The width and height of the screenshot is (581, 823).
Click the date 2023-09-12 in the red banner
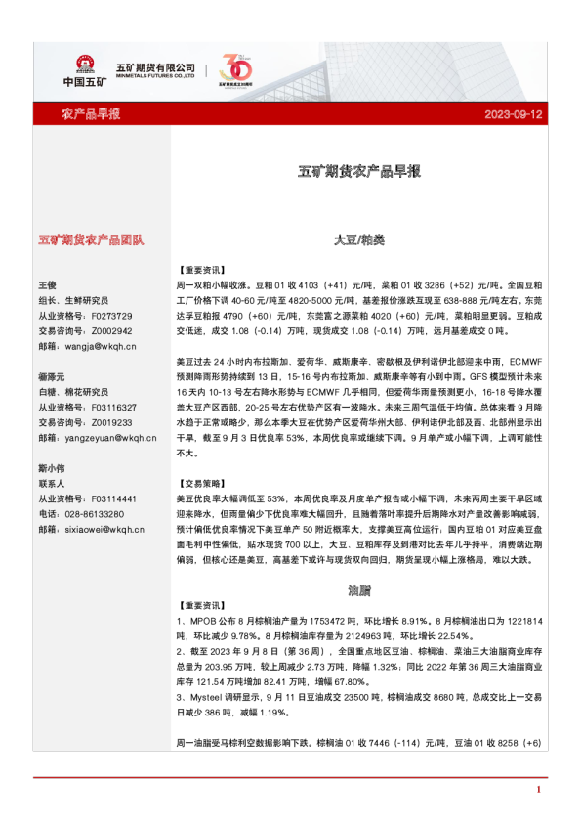point(514,114)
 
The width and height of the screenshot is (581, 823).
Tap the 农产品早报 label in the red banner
point(91,114)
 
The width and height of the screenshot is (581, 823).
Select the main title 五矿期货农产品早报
point(358,171)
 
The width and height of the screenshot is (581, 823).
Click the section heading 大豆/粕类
point(358,238)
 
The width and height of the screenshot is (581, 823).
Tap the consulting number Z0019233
point(115,423)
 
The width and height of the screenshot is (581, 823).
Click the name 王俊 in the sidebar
point(48,284)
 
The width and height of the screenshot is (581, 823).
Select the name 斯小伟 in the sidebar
point(51,469)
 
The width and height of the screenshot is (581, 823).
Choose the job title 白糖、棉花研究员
point(73,392)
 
